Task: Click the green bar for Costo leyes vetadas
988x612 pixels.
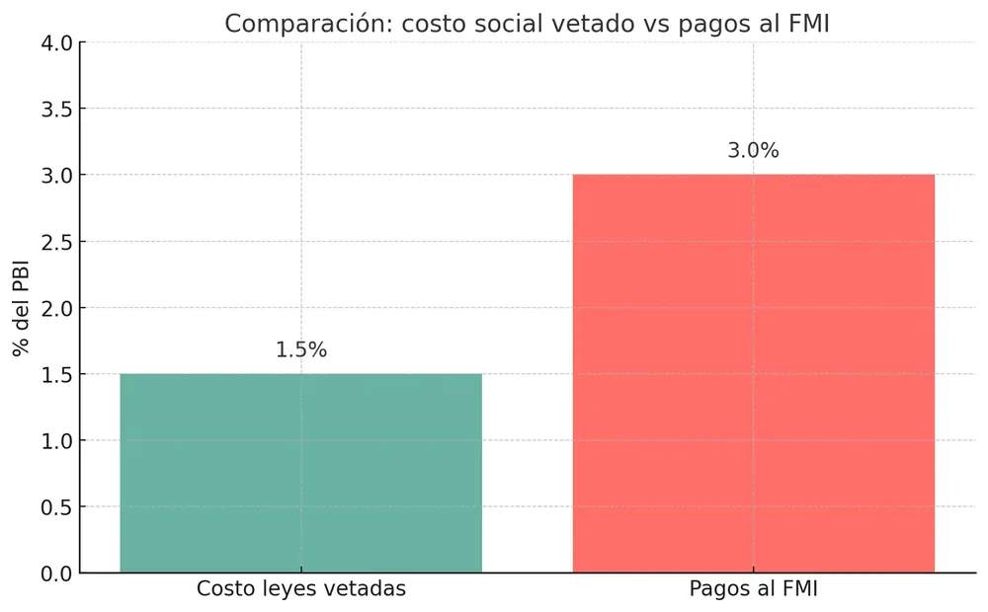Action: point(300,474)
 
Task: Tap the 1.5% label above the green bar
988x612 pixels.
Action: point(300,350)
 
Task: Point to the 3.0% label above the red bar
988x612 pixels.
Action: point(754,151)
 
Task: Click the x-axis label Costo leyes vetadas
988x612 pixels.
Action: point(300,589)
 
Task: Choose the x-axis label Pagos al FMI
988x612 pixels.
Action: point(754,589)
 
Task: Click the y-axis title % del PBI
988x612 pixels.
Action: point(20,307)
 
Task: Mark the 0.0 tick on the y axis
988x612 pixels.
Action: point(56,574)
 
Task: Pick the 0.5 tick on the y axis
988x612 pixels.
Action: point(56,507)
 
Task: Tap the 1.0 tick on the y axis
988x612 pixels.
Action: point(56,441)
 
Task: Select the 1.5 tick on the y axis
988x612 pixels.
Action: point(56,374)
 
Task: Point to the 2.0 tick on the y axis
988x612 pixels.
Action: point(56,308)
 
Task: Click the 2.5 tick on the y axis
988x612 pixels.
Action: point(56,242)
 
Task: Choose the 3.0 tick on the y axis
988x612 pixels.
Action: point(56,175)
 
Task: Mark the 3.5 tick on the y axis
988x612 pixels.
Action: point(56,109)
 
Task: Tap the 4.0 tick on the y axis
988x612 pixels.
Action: point(56,42)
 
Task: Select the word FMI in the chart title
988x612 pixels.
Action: point(805,24)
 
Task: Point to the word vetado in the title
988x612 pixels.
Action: point(582,24)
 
